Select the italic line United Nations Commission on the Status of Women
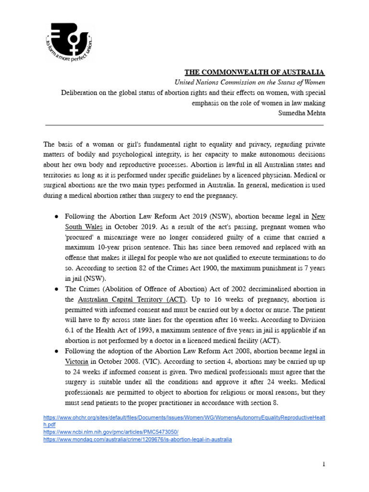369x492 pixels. tap(249, 82)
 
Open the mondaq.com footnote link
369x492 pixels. tap(137, 439)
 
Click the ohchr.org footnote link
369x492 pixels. tap(184, 418)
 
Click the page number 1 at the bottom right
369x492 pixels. tap(324, 464)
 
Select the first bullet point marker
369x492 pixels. tap(56, 216)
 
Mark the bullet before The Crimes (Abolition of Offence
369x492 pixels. tap(56, 289)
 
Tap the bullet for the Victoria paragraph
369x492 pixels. tap(56, 351)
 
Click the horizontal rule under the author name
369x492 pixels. tap(184, 125)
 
